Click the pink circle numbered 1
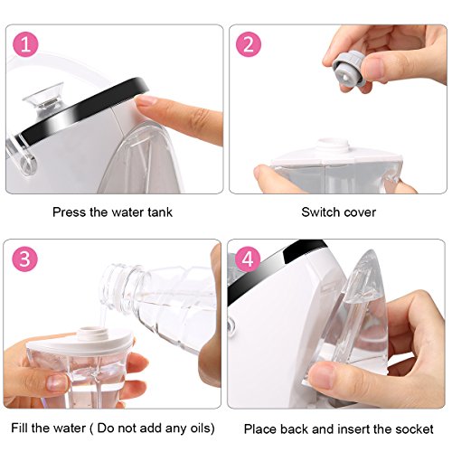click(x=25, y=44)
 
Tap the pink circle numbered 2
click(x=249, y=44)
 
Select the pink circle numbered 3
click(x=25, y=259)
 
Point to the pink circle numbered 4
click(x=248, y=259)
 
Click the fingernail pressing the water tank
click(x=146, y=100)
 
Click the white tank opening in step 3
click(x=89, y=333)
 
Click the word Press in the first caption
click(x=69, y=212)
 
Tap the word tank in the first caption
click(x=160, y=212)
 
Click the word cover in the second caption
click(x=360, y=213)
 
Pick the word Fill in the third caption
click(x=19, y=428)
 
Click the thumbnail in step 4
click(x=322, y=376)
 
